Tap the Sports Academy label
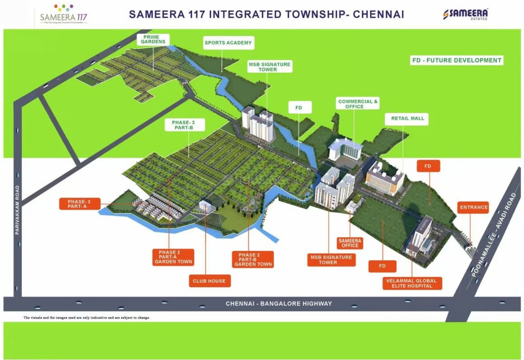(228, 43)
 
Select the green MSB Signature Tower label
(269, 67)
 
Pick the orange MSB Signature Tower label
(331, 260)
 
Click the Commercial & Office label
(358, 104)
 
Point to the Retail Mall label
(407, 119)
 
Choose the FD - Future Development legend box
(456, 60)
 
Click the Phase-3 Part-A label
(79, 204)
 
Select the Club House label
(209, 281)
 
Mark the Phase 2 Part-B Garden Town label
(253, 259)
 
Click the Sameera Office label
(350, 243)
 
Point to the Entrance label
(474, 207)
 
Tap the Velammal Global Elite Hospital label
(411, 283)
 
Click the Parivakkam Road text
(17, 210)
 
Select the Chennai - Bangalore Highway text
(279, 304)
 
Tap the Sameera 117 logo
(63, 15)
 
